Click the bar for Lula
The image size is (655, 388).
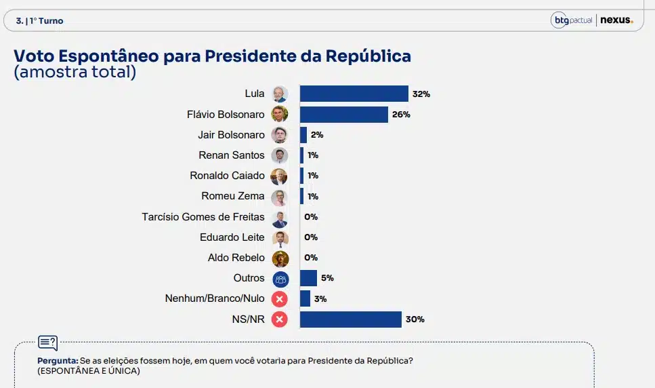coord(354,94)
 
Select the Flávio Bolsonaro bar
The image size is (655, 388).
coord(343,114)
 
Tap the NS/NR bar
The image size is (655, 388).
coord(350,319)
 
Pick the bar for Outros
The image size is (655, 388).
coord(308,278)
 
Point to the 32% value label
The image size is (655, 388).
coord(421,94)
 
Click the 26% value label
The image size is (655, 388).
coord(401,115)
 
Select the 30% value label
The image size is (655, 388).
coord(415,319)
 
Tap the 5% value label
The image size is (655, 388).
coord(327,278)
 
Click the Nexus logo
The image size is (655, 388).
coord(616,20)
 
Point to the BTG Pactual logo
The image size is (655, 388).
coord(572,20)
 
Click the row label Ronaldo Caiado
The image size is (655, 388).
coord(227,176)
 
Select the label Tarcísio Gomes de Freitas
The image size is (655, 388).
coord(203,217)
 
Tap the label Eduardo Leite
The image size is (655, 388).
coord(232,237)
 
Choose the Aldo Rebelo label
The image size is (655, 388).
coord(236,258)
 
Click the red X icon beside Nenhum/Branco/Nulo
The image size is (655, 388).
coord(280,298)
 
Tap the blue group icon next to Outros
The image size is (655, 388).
coord(280,278)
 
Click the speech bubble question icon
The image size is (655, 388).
coord(48,343)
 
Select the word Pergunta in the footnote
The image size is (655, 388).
coord(57,361)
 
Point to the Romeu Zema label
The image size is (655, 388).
coord(232,196)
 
